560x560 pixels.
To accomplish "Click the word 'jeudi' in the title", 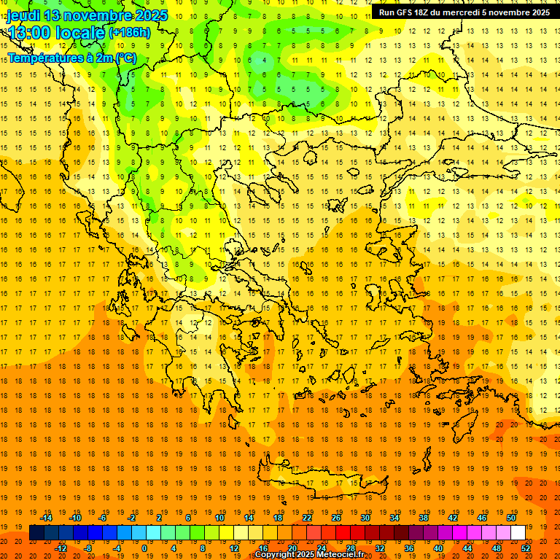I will [x=23, y=15].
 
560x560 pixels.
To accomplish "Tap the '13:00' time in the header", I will [x=28, y=32].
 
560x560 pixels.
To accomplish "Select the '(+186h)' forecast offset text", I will [x=129, y=32].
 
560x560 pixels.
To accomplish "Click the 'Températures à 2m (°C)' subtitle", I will [x=71, y=58].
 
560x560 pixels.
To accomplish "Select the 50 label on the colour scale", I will [x=510, y=518].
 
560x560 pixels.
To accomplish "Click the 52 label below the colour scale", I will [x=526, y=548].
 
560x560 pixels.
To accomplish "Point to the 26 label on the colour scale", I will [x=336, y=518].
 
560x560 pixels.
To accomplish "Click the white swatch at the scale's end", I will [x=518, y=532].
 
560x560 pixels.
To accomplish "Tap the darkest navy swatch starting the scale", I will [x=36, y=532].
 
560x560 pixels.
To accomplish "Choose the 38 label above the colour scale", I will [x=424, y=518].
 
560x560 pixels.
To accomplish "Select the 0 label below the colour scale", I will [x=144, y=548].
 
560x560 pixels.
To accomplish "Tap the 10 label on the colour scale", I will [x=219, y=518].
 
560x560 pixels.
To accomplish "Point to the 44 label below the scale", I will [x=467, y=548].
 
